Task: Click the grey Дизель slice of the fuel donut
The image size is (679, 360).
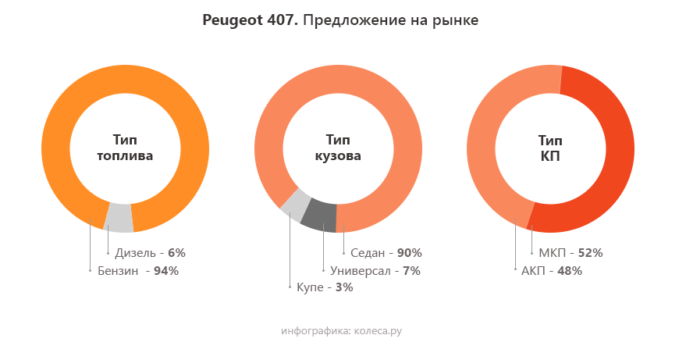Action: coord(119,218)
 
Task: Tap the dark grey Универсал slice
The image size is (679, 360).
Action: coord(318,216)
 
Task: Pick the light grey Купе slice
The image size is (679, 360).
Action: coord(295,204)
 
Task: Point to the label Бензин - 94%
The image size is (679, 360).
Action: coord(138,271)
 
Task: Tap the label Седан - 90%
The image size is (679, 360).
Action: coord(386,253)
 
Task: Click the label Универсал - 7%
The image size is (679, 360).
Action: coord(375,271)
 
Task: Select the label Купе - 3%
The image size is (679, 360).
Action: coord(325,288)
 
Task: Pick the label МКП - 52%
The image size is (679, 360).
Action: coord(571,253)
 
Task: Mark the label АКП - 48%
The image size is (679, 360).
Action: coord(551,271)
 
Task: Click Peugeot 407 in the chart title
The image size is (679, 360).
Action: coord(249,20)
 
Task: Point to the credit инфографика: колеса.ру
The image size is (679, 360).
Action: coord(341,331)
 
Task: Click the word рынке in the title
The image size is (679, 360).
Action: coord(454,20)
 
